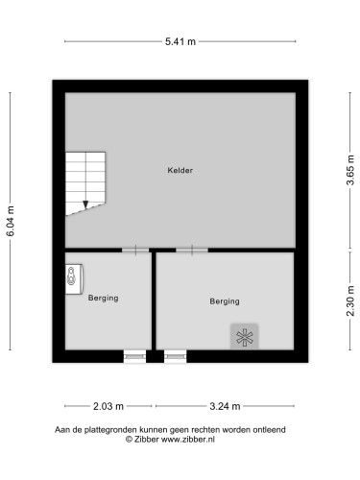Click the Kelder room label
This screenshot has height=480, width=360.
pos(180,170)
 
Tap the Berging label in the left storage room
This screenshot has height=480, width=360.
pos(103,298)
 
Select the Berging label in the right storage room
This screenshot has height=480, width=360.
pos(224,301)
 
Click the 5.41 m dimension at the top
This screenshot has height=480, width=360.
pos(180,41)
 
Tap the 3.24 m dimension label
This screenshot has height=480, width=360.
pos(224,405)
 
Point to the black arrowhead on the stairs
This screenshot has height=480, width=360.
pos(85,204)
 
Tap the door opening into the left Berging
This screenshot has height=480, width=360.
pos(135,250)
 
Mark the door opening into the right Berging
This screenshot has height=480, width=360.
pos(191,250)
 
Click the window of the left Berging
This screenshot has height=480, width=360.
pos(135,356)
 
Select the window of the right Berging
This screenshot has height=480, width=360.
pos(175,356)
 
